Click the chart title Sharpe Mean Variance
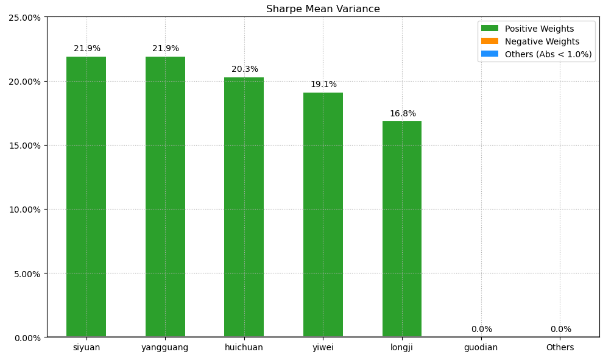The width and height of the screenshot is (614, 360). coord(323,9)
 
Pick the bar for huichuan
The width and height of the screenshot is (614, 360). coord(244,207)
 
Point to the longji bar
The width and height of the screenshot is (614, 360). coord(402,229)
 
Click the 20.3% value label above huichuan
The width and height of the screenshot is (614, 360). coord(245,69)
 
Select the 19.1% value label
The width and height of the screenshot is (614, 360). coord(323,85)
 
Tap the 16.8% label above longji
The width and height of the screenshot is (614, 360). coord(403,114)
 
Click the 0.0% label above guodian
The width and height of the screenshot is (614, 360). coord(481,330)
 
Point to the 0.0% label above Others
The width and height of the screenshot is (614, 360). coord(560,330)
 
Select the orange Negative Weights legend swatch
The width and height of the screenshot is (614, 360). coord(489,41)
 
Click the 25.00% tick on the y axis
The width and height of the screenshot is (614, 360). coord(24,18)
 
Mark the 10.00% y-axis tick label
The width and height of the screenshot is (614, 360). coord(24,210)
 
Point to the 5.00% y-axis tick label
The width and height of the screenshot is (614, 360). coord(26,274)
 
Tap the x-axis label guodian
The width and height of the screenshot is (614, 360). coord(481,348)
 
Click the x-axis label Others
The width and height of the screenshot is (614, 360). coord(560,348)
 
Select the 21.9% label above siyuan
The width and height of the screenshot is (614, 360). coord(87,49)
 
